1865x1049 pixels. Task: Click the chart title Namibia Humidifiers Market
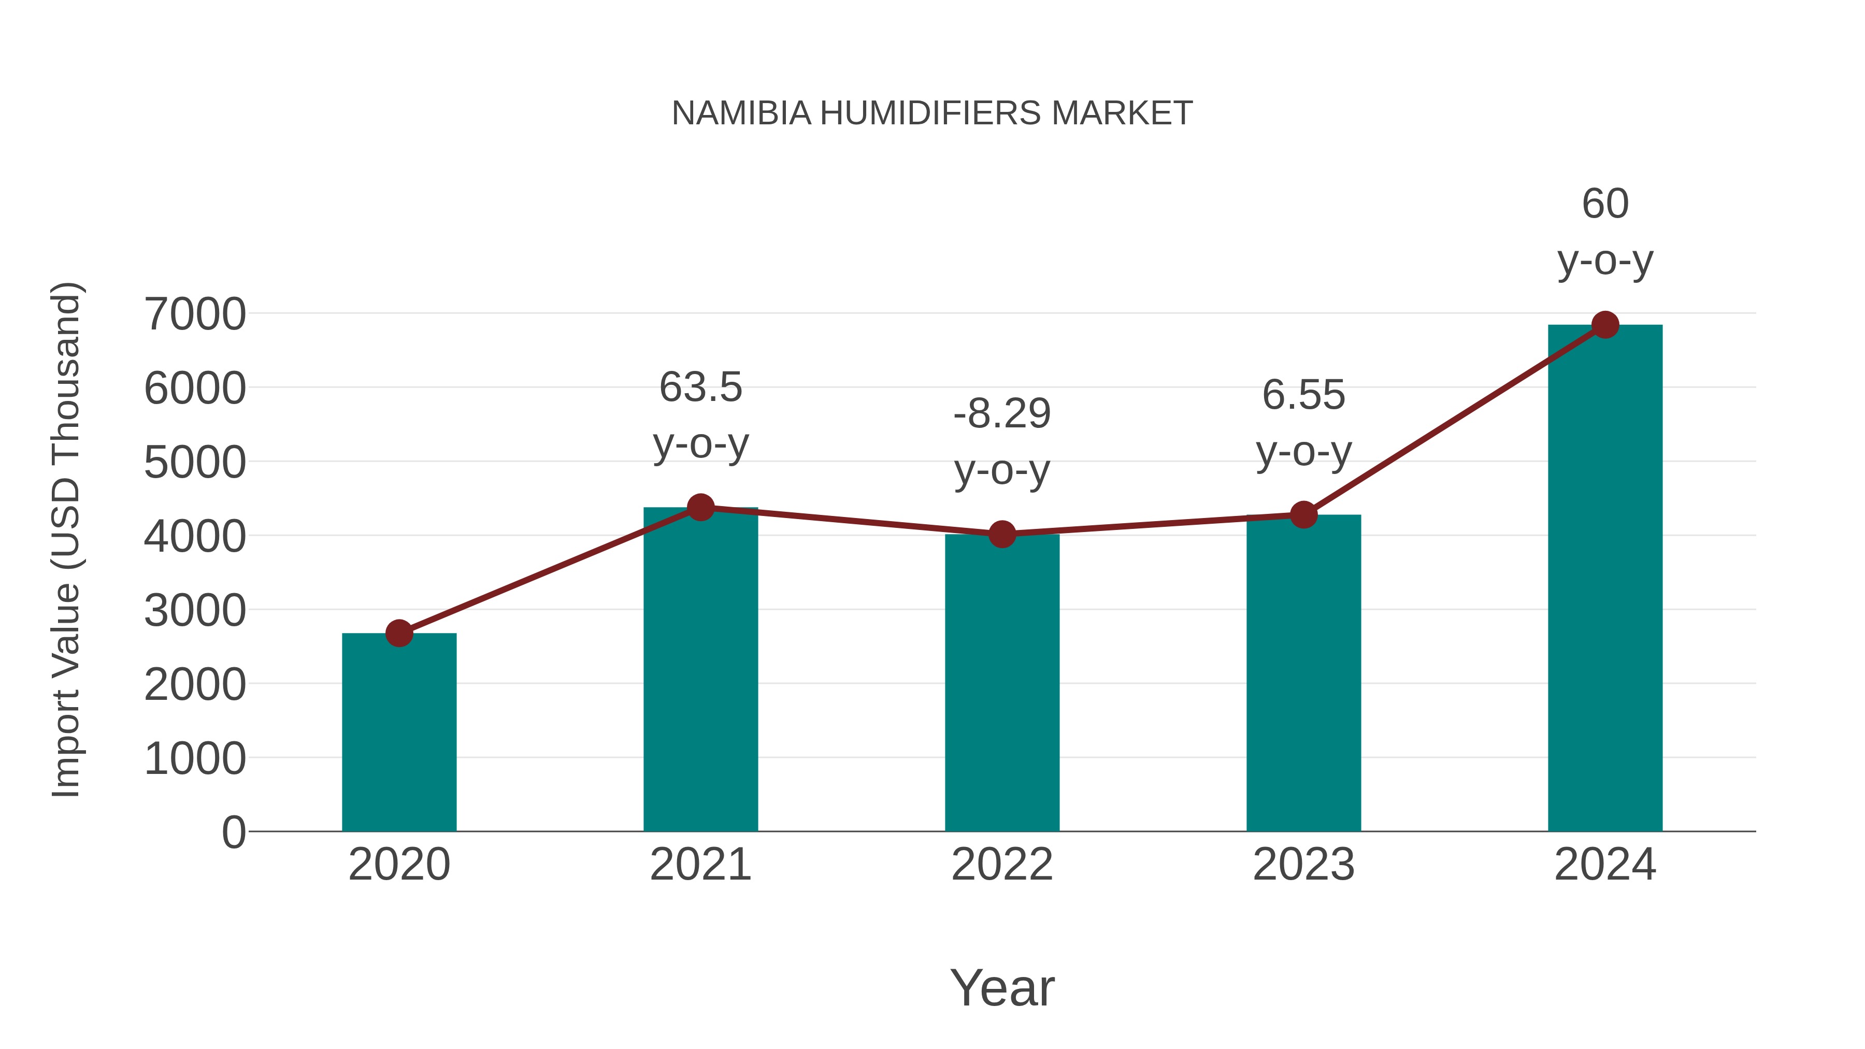tap(932, 113)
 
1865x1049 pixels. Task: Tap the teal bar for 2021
tap(700, 670)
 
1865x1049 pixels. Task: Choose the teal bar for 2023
tap(1303, 673)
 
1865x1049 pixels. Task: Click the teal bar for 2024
tap(1605, 579)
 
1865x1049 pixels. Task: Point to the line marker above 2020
tap(399, 634)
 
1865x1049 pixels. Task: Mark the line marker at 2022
tap(1002, 534)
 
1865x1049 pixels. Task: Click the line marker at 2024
tap(1605, 325)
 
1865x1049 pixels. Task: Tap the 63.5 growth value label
tap(700, 387)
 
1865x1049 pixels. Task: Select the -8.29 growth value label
tap(1002, 414)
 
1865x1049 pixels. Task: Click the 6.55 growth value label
tap(1303, 395)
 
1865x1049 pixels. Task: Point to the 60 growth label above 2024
tap(1605, 204)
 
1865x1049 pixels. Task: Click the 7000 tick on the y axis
tap(195, 314)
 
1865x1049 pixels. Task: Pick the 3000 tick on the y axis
tap(195, 610)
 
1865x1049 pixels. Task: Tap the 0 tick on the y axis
tap(234, 832)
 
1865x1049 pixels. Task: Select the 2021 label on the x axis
tap(700, 865)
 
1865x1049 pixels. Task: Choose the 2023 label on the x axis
tap(1303, 865)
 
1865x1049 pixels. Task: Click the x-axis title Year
tap(1002, 987)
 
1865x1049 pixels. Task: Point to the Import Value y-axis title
tap(66, 539)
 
